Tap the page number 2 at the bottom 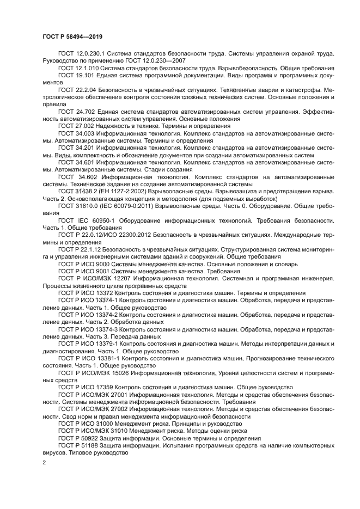tap(44, 462)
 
